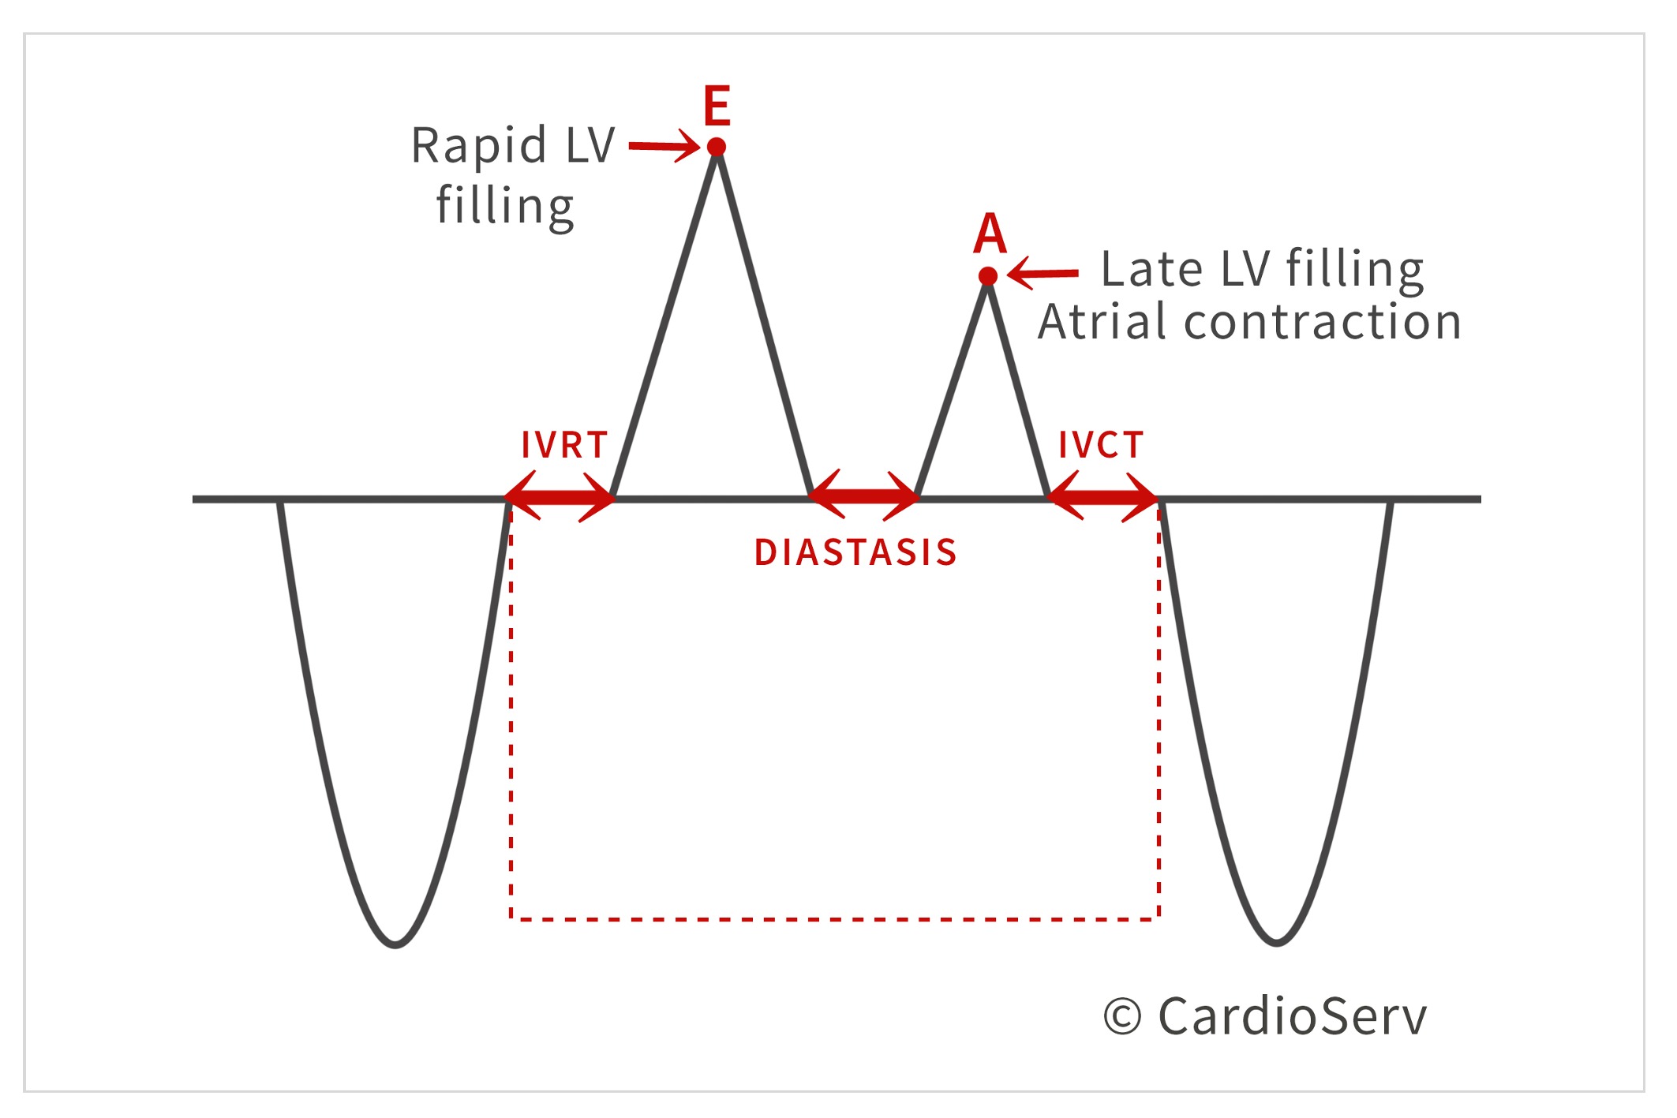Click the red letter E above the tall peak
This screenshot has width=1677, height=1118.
click(717, 107)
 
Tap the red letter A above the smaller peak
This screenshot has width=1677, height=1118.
click(990, 234)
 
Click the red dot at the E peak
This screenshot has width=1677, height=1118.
click(717, 147)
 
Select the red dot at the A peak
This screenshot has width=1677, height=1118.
click(988, 275)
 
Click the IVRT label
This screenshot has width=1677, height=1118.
click(564, 445)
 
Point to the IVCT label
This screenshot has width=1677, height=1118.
click(1101, 445)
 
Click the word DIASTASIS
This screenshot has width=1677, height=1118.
click(855, 552)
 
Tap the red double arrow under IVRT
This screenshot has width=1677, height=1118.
click(560, 498)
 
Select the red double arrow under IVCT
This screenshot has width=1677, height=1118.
click(1102, 498)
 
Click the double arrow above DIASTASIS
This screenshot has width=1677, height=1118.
click(863, 496)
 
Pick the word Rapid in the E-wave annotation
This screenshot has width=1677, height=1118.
click(478, 146)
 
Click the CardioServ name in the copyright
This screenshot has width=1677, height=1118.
click(1293, 1016)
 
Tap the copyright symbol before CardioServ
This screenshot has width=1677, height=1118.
click(1122, 1016)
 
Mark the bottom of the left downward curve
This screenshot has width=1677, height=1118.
click(396, 944)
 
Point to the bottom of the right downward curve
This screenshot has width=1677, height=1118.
click(1277, 942)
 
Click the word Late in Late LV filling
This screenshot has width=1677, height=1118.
click(1151, 269)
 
